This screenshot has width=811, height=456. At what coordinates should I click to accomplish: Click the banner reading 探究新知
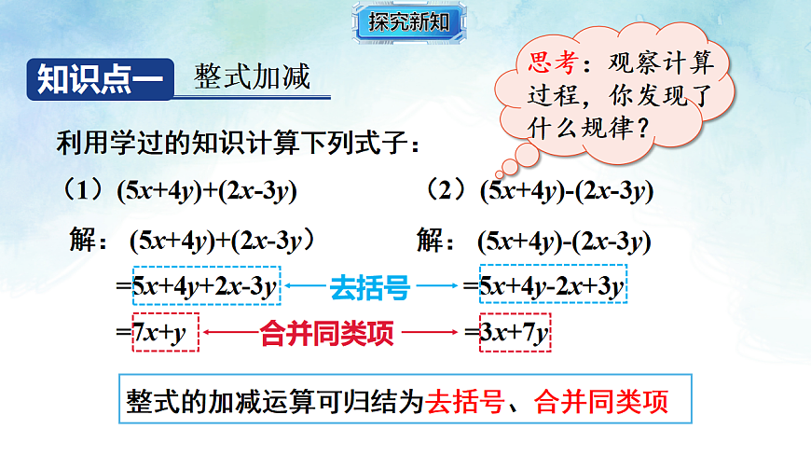click(408, 22)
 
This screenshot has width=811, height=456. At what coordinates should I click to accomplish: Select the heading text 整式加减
click(252, 76)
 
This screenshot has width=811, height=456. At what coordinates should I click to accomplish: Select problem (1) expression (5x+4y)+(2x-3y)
click(206, 191)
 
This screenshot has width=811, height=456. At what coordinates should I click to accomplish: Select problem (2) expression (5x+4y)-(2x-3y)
click(566, 191)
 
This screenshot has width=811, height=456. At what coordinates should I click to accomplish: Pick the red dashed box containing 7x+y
click(165, 333)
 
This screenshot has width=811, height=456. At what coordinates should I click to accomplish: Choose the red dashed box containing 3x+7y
click(514, 333)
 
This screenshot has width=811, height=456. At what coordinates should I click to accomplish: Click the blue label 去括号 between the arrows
click(370, 288)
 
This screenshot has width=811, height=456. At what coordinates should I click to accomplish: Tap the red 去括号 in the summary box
click(469, 402)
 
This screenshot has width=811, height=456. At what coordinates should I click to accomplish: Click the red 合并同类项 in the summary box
click(601, 402)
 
